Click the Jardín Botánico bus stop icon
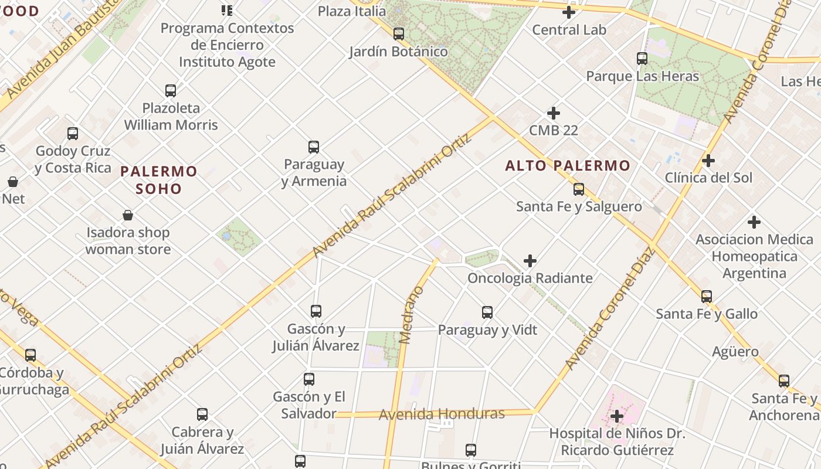tap(399, 34)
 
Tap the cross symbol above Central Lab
tap(568, 12)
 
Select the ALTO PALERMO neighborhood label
tap(568, 166)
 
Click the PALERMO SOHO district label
tap(159, 180)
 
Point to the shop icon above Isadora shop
tap(128, 215)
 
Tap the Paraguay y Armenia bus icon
tap(314, 147)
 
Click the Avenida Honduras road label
tap(442, 414)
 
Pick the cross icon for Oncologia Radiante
tap(530, 260)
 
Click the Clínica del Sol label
tap(708, 178)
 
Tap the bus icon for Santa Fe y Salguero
tap(579, 189)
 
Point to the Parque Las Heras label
tap(643, 76)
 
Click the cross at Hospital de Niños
tap(616, 416)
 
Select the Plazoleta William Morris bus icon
tap(171, 91)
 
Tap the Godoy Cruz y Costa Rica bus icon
tap(73, 134)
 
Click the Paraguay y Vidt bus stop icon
tap(487, 312)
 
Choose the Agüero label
tap(735, 352)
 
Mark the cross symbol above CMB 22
tap(553, 113)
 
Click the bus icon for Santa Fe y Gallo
tap(707, 297)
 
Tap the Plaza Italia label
tap(352, 11)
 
